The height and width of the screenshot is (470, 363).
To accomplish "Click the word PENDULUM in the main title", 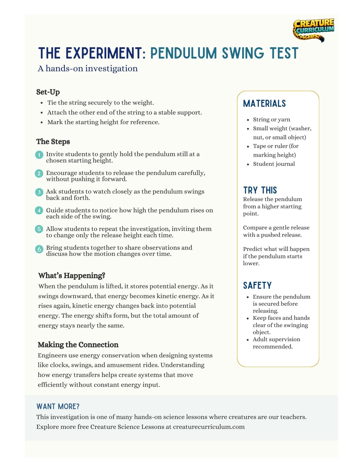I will coord(183,53).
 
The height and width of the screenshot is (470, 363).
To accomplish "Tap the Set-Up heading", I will coord(48,92).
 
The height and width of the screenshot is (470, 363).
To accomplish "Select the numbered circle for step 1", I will coord(39,155).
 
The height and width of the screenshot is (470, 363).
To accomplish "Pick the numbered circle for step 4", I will coord(39,210).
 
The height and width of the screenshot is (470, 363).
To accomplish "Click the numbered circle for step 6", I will coord(39,249).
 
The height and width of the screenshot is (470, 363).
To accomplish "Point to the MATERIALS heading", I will coord(264,104).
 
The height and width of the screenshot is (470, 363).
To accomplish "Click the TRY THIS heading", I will coord(260,190).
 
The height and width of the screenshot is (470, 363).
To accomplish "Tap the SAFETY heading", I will coord(257,286).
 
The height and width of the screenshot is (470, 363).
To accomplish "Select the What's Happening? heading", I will coord(72,275).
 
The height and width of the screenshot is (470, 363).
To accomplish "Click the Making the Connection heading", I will coord(78,345).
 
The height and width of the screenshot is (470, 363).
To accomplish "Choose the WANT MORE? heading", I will coord(58,406).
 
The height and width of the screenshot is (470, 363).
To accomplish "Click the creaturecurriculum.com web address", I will coord(209,427).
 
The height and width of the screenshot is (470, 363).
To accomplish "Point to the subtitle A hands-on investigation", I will coord(88,68).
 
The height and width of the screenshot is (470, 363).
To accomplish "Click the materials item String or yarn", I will coord(271,120).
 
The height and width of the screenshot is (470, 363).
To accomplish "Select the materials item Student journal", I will coord(274,164).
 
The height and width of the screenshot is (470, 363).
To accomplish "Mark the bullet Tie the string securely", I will coord(100,103).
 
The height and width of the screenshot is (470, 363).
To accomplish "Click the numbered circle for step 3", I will coord(39,193).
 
